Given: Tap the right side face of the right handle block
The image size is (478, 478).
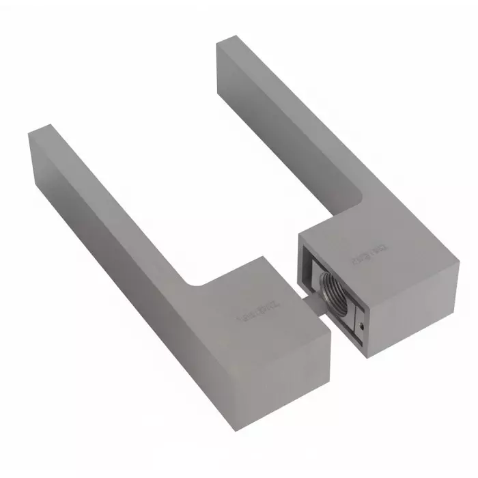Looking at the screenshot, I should [417, 300].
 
